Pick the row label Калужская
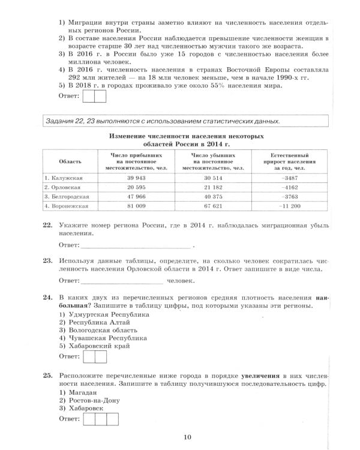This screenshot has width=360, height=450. (64, 179)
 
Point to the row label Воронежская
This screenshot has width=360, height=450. (67, 206)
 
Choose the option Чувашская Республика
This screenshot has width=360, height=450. (103, 338)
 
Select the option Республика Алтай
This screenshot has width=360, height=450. (94, 322)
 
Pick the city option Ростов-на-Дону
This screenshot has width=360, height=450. (94, 400)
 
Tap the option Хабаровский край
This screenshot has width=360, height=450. (98, 346)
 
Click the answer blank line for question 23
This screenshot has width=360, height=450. (122, 281)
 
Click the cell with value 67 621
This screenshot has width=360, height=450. (211, 206)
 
